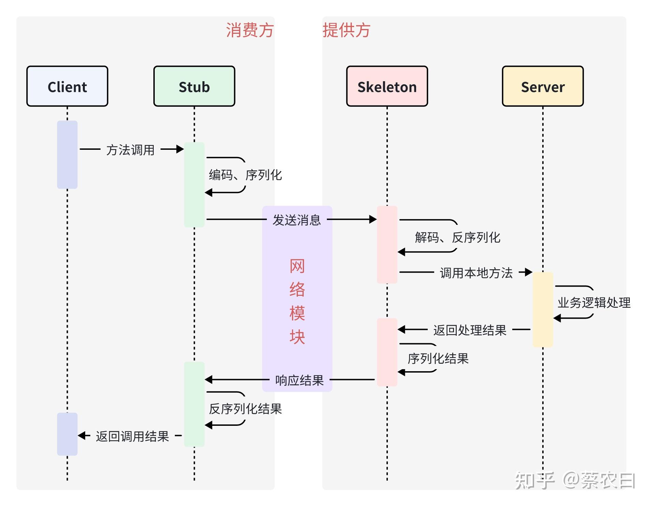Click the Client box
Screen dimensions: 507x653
point(67,86)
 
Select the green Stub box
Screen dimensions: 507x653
point(194,86)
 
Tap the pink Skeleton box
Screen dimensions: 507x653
point(387,86)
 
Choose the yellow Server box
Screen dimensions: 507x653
point(543,86)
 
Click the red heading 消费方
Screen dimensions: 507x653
point(249,30)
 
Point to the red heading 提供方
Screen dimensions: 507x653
point(346,30)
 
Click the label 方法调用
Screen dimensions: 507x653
point(130,150)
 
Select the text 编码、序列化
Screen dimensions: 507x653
point(245,175)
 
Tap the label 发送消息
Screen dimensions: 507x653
point(297,220)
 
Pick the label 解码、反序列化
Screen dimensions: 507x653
point(457,237)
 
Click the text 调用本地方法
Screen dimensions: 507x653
point(476,273)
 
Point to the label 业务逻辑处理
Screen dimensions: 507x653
point(594,303)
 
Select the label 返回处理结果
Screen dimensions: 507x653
point(470,330)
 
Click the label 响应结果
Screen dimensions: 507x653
point(299,380)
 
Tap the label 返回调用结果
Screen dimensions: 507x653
point(132,436)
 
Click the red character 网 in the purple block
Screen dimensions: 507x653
point(297,266)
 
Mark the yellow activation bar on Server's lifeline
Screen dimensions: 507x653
point(543,309)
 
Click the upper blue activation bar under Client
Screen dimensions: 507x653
point(67,155)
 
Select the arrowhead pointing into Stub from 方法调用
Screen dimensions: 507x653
point(180,149)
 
